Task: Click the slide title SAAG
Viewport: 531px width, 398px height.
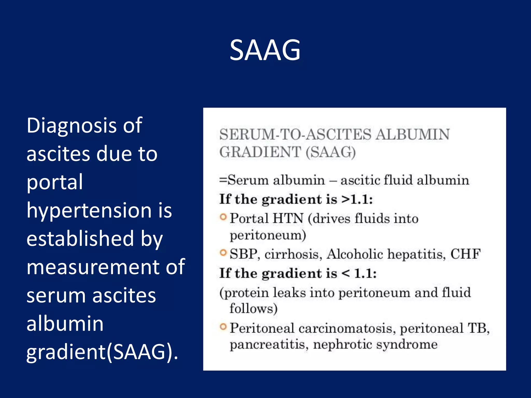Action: pyautogui.click(x=265, y=50)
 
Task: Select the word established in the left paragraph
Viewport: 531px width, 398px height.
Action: pyautogui.click(x=80, y=239)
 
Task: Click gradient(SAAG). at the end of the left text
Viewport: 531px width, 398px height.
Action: pyautogui.click(x=102, y=352)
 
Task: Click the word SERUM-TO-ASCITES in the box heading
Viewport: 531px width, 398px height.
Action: pyautogui.click(x=295, y=135)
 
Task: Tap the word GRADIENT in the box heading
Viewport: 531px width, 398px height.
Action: pyautogui.click(x=260, y=152)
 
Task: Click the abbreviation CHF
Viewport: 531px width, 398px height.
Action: pyautogui.click(x=465, y=254)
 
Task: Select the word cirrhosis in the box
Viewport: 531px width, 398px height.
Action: pyautogui.click(x=293, y=254)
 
